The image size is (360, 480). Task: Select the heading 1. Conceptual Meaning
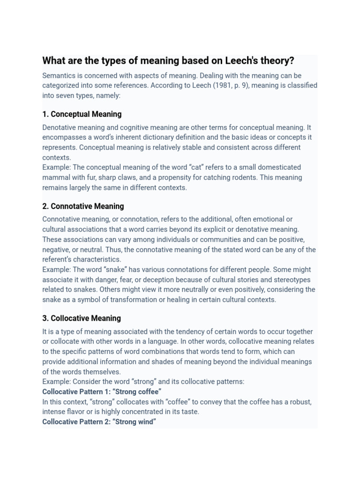point(82,114)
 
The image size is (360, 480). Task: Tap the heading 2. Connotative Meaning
point(83,206)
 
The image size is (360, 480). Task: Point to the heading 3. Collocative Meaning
point(82,318)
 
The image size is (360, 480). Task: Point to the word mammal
point(57,178)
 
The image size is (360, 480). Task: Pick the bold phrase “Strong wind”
point(135,422)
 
